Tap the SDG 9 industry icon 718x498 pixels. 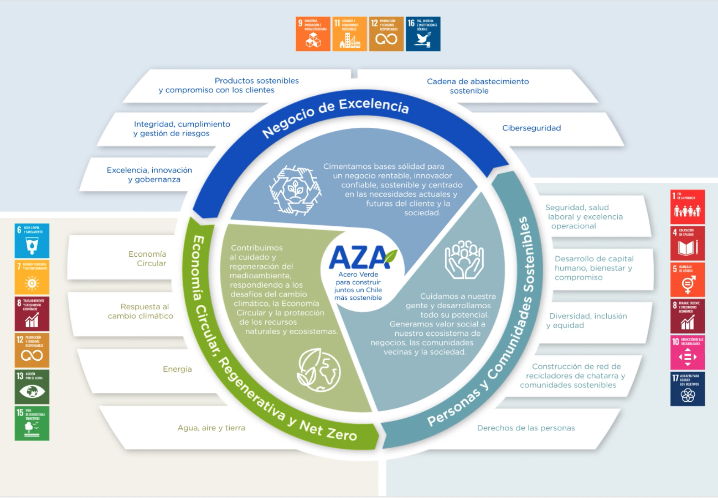(x=313, y=34)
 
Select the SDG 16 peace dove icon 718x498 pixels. (x=423, y=34)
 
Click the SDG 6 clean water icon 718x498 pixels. (x=32, y=241)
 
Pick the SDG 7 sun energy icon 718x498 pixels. (x=32, y=277)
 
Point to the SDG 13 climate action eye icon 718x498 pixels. (x=32, y=386)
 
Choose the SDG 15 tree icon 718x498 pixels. (x=32, y=423)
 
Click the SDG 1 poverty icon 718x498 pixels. (x=688, y=207)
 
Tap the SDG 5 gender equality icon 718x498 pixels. (x=688, y=280)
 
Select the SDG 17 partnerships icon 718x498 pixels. (x=688, y=389)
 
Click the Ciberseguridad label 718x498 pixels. (x=531, y=128)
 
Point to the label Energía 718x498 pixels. (x=177, y=369)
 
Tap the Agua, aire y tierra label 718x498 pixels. (x=211, y=428)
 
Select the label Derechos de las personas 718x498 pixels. (x=526, y=428)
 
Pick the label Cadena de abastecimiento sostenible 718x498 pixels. (x=477, y=86)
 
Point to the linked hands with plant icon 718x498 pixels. (x=295, y=189)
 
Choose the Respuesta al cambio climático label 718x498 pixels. (x=141, y=311)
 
